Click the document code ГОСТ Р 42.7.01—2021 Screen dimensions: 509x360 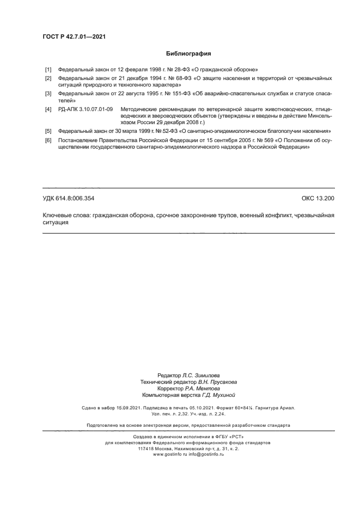(74, 36)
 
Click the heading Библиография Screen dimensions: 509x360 (188, 54)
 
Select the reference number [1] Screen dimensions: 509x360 (48, 70)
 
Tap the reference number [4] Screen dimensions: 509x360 (48, 109)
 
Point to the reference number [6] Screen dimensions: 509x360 (48, 140)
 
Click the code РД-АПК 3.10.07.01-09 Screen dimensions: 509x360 (85, 109)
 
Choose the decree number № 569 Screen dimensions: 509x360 (264, 140)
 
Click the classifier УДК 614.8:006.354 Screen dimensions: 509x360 (72, 199)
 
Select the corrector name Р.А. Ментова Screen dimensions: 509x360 (197, 389)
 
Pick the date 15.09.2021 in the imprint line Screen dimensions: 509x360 (120, 408)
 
